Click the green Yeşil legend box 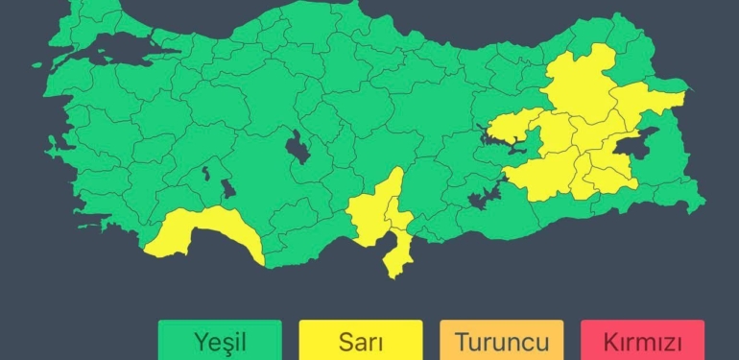point(220,340)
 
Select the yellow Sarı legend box point(360,340)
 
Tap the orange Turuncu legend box point(501,340)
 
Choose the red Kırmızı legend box point(642,340)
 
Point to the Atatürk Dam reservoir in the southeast point(486,196)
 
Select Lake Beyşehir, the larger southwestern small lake point(227,188)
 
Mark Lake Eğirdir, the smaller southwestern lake point(206,174)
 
